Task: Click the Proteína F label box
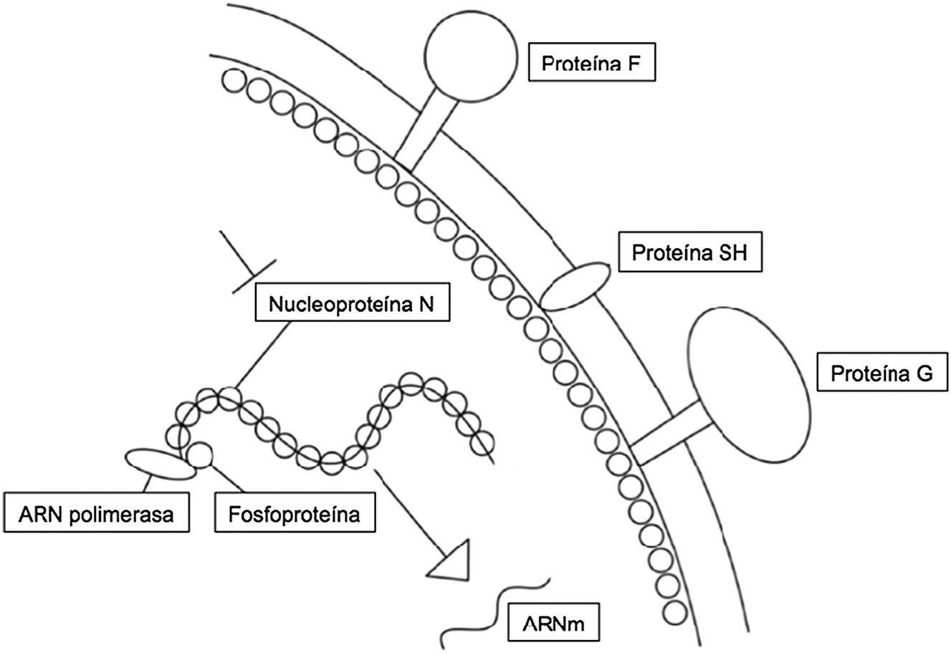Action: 591,63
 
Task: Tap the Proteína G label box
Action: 881,373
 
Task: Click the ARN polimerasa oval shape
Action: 160,464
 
